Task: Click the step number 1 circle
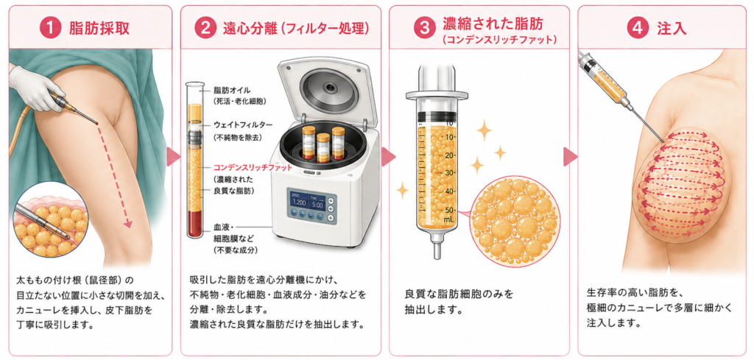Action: coord(51,28)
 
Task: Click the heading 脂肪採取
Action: coord(99,29)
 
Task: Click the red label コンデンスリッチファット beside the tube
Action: coord(253,169)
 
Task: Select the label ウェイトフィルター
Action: coord(243,125)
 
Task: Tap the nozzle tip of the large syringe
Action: coord(437,254)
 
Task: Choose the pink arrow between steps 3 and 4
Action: coord(571,157)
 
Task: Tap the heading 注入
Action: coord(672,29)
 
